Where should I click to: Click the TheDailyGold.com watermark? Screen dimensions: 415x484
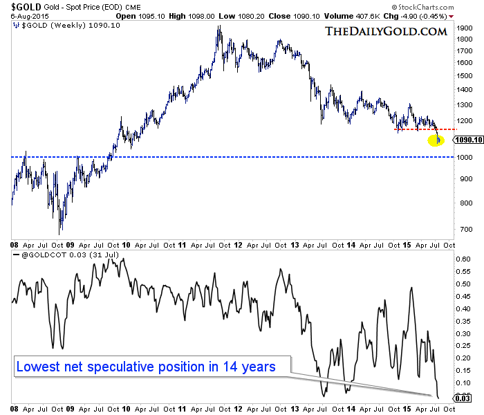pyautogui.click(x=385, y=31)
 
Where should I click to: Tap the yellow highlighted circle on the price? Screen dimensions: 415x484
pyautogui.click(x=436, y=140)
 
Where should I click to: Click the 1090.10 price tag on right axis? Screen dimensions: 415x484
pyautogui.click(x=467, y=140)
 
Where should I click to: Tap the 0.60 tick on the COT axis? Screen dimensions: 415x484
pyautogui.click(x=462, y=259)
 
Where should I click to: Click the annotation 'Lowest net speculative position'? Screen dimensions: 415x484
pyautogui.click(x=145, y=367)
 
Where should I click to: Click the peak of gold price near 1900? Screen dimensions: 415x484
pyautogui.click(x=219, y=28)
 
